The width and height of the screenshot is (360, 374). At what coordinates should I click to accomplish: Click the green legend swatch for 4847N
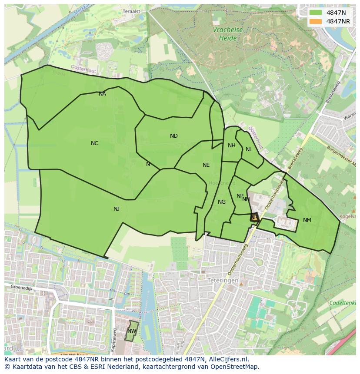(x=316, y=13)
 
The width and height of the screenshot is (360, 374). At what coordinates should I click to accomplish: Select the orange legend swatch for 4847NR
(x=316, y=21)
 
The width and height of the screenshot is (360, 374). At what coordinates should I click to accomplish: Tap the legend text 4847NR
(x=339, y=21)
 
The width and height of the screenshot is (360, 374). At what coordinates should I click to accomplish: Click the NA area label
(x=102, y=94)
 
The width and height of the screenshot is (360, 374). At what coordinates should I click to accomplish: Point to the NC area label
(x=94, y=143)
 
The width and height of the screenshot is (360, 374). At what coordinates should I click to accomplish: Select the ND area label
(x=174, y=136)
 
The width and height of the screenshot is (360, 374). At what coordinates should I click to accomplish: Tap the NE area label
(x=206, y=165)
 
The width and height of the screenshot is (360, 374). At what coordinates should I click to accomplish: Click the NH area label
(x=232, y=146)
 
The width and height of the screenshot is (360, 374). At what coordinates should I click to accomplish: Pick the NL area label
(x=249, y=149)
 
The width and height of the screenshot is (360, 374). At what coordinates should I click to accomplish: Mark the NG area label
(x=222, y=202)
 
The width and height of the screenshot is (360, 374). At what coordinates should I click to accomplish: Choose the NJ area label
(x=117, y=209)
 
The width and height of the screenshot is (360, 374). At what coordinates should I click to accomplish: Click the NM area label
(x=307, y=220)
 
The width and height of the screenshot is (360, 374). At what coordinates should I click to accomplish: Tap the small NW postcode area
(x=132, y=331)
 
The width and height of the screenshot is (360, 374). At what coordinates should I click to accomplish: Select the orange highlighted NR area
(x=254, y=217)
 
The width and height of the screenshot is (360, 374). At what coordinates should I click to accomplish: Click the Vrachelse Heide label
(x=225, y=34)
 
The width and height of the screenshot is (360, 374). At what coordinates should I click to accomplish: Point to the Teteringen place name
(x=223, y=281)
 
